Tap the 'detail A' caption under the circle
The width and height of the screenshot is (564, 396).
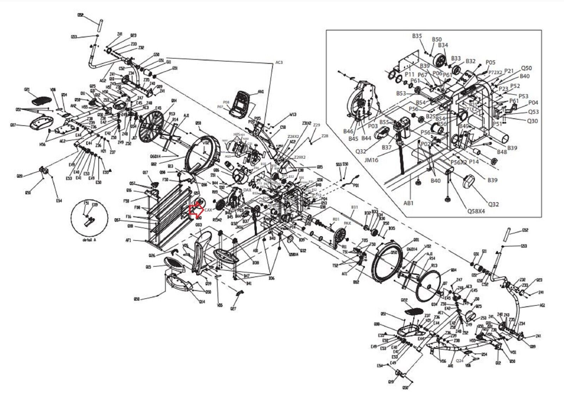click(89, 239)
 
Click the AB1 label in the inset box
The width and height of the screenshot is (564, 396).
click(409, 203)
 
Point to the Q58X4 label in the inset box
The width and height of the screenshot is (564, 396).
click(476, 211)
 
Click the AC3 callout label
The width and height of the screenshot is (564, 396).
click(279, 62)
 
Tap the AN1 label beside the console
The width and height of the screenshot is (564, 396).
click(261, 92)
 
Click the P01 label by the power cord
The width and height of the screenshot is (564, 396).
click(356, 185)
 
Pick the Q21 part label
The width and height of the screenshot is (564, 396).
click(26, 90)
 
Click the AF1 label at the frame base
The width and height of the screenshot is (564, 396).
click(128, 241)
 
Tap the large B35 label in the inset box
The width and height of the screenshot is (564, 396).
click(417, 36)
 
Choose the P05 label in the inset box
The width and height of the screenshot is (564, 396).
click(490, 62)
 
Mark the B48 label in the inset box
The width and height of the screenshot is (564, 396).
click(502, 152)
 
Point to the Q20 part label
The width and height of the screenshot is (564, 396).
click(20, 176)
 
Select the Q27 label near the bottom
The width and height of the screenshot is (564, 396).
click(233, 309)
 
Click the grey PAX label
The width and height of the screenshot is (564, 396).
click(347, 223)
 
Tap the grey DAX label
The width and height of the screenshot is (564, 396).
click(247, 190)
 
